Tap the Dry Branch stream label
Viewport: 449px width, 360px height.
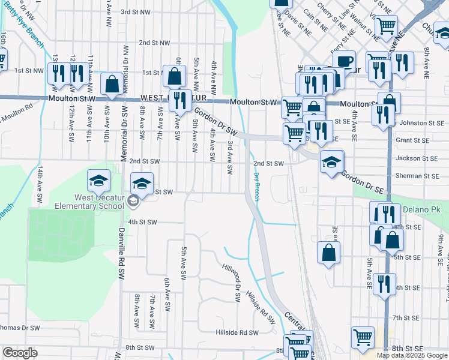point(256,186)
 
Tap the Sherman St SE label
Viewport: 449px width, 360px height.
point(417,176)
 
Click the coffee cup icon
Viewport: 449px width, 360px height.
point(345,61)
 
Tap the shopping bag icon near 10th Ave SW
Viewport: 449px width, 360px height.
point(112,85)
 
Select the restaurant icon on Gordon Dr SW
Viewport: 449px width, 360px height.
point(179,101)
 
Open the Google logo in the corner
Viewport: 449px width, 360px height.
point(20,353)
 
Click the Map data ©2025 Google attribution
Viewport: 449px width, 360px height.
point(412,355)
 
